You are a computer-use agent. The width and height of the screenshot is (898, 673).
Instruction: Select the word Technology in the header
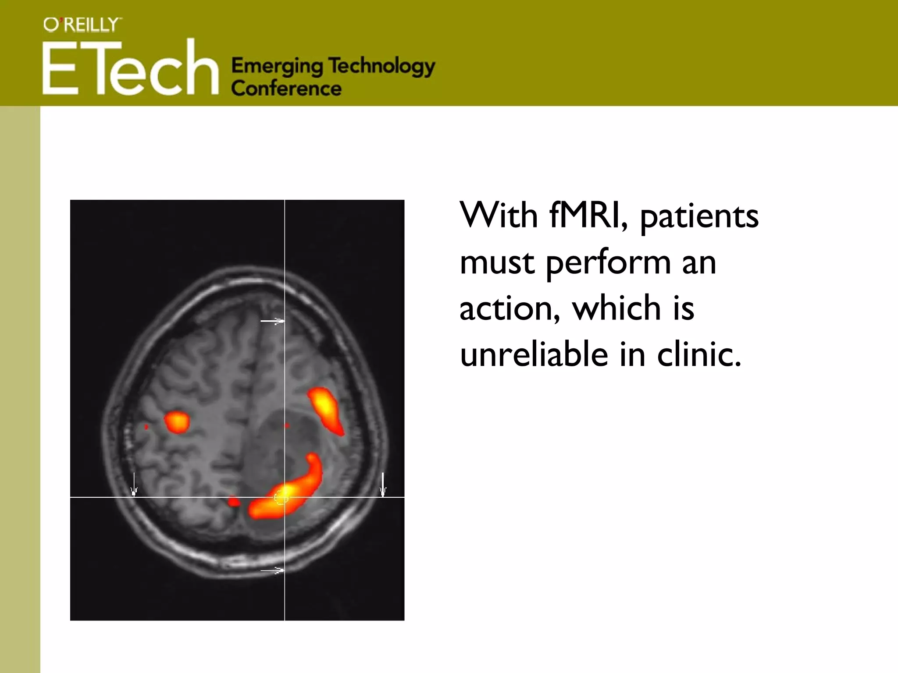click(x=381, y=67)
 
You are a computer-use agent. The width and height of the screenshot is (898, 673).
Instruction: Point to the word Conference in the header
click(x=286, y=89)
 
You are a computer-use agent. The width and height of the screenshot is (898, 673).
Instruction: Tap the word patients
click(x=699, y=216)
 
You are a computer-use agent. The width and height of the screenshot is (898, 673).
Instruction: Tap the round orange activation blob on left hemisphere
click(x=177, y=422)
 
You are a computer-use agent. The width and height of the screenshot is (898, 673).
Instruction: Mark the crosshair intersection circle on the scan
click(x=281, y=497)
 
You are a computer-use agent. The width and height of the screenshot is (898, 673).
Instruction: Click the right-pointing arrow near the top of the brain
click(x=272, y=321)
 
